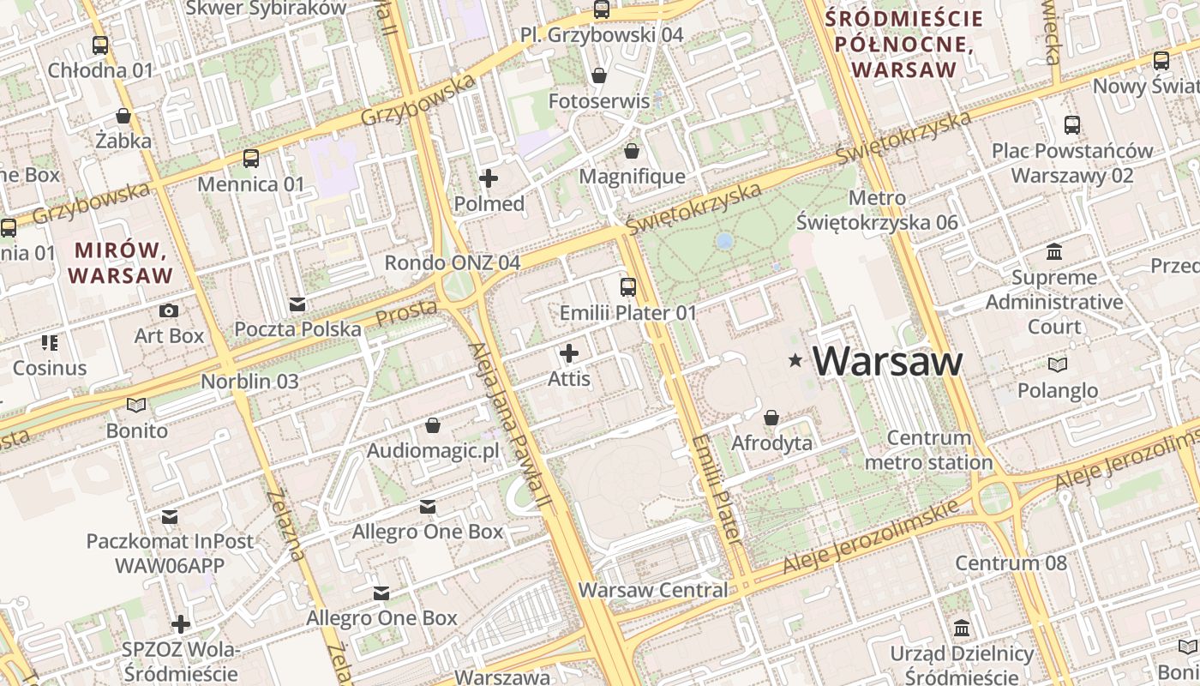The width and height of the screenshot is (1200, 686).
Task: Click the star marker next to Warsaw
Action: click(x=796, y=361)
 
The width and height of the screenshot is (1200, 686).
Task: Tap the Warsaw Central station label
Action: click(x=653, y=590)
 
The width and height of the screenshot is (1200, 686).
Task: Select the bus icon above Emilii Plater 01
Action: click(x=628, y=287)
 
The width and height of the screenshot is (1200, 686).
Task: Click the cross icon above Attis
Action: click(x=569, y=353)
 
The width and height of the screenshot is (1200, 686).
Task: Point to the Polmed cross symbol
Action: click(x=489, y=178)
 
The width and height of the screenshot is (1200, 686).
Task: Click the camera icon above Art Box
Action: click(x=169, y=310)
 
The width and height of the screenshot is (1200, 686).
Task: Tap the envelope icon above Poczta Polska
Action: click(x=297, y=304)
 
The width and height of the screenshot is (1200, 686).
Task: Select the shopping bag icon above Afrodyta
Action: click(x=771, y=418)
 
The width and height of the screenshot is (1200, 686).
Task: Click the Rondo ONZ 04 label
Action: click(x=452, y=262)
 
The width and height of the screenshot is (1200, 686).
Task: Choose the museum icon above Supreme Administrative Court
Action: click(x=1054, y=252)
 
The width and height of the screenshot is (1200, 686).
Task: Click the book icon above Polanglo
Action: click(x=1058, y=365)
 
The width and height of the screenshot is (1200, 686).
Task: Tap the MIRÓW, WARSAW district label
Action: click(x=121, y=263)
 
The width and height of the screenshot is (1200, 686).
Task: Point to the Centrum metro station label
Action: click(x=928, y=450)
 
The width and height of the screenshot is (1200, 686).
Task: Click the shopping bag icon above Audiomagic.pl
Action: click(x=433, y=426)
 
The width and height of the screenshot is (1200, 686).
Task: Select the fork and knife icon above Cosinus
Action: click(x=50, y=343)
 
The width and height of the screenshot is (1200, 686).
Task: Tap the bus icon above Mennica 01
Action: click(x=250, y=159)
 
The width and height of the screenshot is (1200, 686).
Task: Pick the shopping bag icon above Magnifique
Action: click(x=632, y=152)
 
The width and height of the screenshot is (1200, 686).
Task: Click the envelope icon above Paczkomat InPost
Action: click(x=170, y=517)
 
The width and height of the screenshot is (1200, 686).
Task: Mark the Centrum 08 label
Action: click(x=1011, y=563)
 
